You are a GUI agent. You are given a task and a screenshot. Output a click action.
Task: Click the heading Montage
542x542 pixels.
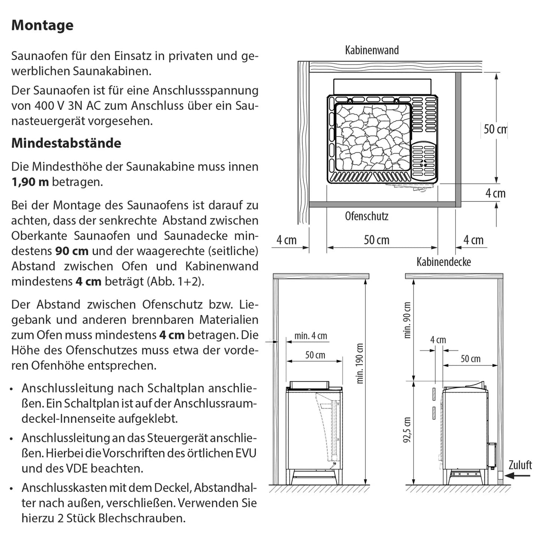[42, 26]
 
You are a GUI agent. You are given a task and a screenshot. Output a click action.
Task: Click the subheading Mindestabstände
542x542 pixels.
[66, 143]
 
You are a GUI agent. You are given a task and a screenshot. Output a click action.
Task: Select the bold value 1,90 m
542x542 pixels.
[30, 182]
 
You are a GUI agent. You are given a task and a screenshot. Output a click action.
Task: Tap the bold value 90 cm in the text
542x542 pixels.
[72, 251]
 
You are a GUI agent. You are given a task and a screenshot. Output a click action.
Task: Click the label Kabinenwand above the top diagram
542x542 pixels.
[372, 50]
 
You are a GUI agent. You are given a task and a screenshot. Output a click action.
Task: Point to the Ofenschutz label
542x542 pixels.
[366, 216]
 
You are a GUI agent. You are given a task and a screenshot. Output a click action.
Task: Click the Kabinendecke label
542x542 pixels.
[444, 262]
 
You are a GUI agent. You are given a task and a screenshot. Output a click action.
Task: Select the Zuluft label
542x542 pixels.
[520, 465]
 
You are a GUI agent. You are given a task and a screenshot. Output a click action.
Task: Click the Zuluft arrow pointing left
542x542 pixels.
[518, 476]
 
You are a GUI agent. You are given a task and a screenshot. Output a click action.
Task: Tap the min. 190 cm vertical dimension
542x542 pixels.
[360, 363]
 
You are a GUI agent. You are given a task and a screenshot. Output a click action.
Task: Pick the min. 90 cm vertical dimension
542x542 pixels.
[407, 320]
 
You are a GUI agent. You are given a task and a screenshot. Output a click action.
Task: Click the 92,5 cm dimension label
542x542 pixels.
[407, 429]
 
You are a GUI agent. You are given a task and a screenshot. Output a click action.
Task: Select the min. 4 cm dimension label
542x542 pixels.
[311, 336]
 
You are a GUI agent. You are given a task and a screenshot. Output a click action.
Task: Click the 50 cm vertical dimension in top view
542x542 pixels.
[495, 129]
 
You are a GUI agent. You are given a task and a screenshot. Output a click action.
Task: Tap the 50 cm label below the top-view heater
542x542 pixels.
[376, 240]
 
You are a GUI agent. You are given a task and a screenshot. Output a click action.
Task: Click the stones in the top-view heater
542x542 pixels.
[371, 139]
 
